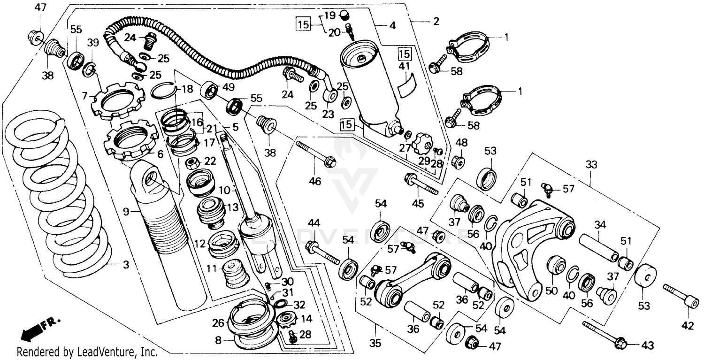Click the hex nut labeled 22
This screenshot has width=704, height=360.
coord(191,163)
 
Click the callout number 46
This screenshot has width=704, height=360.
coord(315,181)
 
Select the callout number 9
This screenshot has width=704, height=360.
coord(126,212)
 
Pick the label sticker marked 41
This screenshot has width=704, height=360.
coord(406,85)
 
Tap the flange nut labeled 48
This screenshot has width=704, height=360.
coord(459,162)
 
